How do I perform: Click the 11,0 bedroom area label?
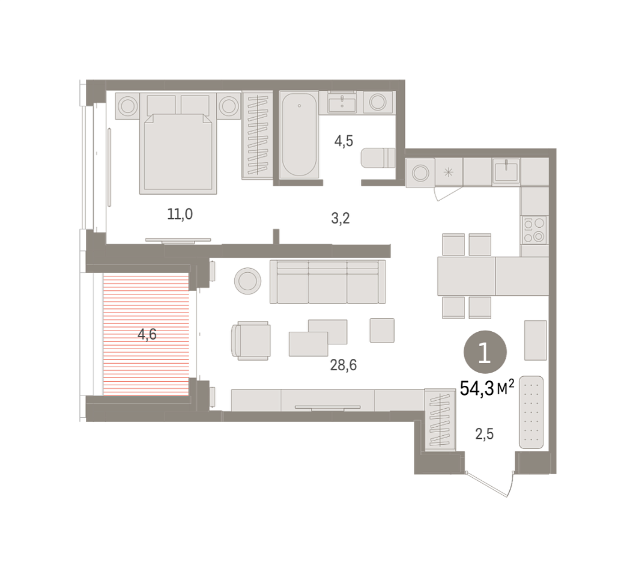(x=180, y=214)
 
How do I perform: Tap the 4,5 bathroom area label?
(x=344, y=141)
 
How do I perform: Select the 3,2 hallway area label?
(x=341, y=218)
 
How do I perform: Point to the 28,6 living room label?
(x=343, y=365)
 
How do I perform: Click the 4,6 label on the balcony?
(x=147, y=334)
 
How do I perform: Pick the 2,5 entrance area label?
(x=484, y=434)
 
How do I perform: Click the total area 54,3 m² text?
(x=487, y=388)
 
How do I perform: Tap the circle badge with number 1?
(x=485, y=352)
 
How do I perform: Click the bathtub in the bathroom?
(x=299, y=135)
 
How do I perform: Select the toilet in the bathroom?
(x=378, y=158)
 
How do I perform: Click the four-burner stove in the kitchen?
(x=534, y=230)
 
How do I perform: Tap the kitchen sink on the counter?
(x=506, y=171)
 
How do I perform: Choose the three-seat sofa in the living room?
(x=328, y=282)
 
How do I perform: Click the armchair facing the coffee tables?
(x=250, y=341)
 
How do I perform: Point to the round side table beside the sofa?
(x=247, y=281)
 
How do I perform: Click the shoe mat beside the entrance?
(x=532, y=412)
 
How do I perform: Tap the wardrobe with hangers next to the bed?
(x=257, y=135)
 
